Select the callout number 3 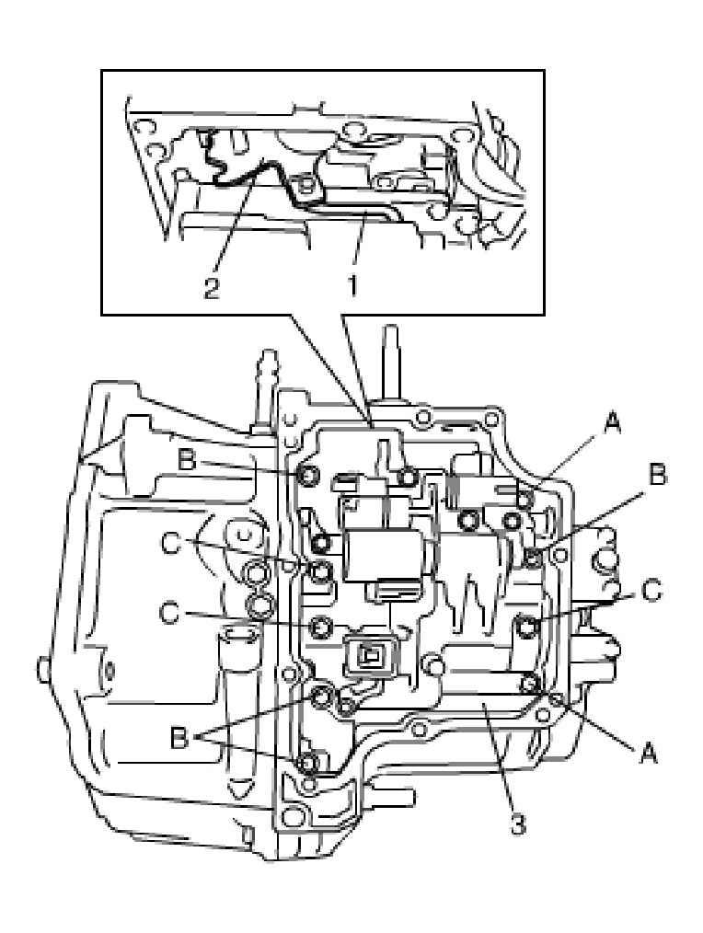point(518,824)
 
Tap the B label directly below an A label point(657,475)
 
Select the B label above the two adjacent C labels point(188,460)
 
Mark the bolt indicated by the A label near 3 point(530,683)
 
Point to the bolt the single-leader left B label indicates point(307,476)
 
